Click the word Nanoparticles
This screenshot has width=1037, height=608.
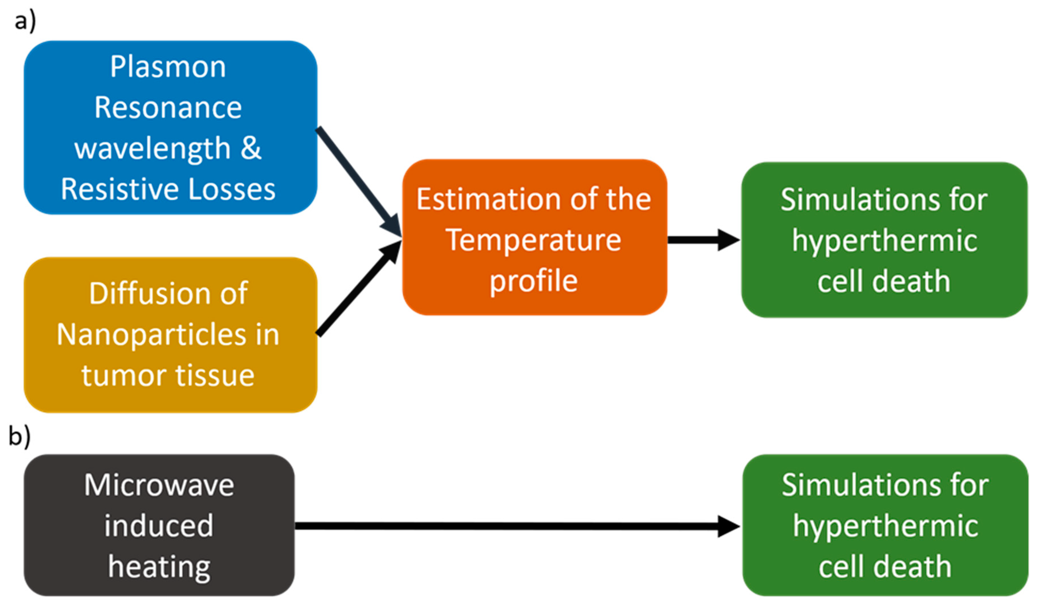point(150,335)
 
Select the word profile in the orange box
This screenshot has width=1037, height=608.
point(533,281)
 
